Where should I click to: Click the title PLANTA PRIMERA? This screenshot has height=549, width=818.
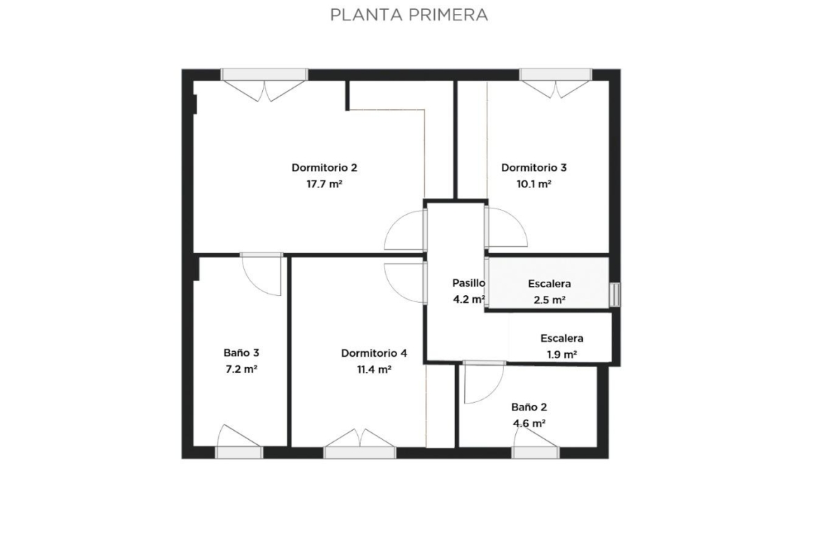pyautogui.click(x=409, y=15)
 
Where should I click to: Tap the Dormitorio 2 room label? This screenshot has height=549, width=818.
pyautogui.click(x=324, y=168)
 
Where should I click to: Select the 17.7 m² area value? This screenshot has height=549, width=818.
pyautogui.click(x=324, y=184)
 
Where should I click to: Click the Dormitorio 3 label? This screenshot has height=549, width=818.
pyautogui.click(x=533, y=168)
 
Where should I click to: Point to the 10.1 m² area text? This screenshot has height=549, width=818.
pyautogui.click(x=534, y=184)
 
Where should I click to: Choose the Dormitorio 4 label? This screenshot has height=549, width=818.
pyautogui.click(x=374, y=352)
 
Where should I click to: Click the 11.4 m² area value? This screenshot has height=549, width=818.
pyautogui.click(x=374, y=369)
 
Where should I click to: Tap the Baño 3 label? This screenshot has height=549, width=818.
pyautogui.click(x=241, y=352)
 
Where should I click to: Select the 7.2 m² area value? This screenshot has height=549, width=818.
pyautogui.click(x=241, y=369)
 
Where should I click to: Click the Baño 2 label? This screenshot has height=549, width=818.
pyautogui.click(x=529, y=407)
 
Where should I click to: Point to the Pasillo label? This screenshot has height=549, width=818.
pyautogui.click(x=468, y=283)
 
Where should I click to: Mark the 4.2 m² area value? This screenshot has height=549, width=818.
pyautogui.click(x=469, y=299)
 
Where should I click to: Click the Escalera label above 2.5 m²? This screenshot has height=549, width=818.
pyautogui.click(x=550, y=283)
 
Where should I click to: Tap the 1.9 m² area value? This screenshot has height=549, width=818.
pyautogui.click(x=562, y=355)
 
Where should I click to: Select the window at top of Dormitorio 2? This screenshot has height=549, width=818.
pyautogui.click(x=264, y=75)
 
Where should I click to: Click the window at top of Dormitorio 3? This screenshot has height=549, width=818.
pyautogui.click(x=556, y=75)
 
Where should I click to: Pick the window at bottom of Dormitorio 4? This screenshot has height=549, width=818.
pyautogui.click(x=360, y=452)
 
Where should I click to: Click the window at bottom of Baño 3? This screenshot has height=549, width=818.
pyautogui.click(x=239, y=452)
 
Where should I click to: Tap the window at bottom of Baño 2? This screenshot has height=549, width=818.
pyautogui.click(x=536, y=452)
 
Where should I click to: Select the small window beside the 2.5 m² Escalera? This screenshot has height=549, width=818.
pyautogui.click(x=615, y=295)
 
